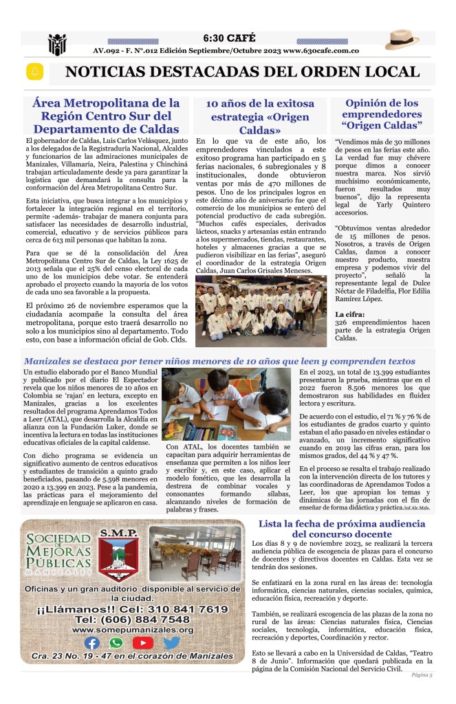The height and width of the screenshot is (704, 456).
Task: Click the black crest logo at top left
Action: click(56, 45)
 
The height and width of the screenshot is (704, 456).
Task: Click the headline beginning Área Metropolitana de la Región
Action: click(107, 115)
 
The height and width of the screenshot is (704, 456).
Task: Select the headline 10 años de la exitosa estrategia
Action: click(260, 116)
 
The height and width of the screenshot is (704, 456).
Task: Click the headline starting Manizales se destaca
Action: click(219, 361)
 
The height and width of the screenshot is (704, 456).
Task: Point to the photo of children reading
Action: click(226, 404)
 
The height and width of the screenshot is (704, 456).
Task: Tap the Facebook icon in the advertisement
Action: click(91, 643)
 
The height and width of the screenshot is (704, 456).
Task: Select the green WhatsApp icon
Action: click(117, 643)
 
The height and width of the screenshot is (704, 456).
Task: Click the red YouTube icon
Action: click(143, 643)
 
